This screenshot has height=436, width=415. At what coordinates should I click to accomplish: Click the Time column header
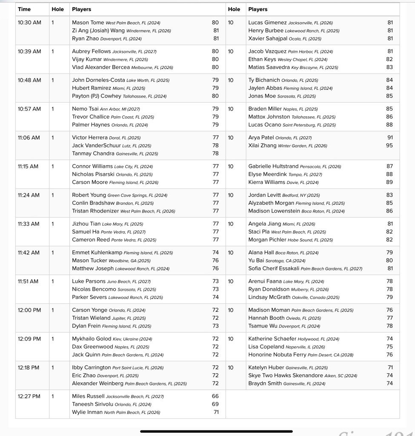pyautogui.click(x=24, y=9)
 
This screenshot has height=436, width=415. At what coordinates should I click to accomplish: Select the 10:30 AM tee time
pyautogui.click(x=29, y=23)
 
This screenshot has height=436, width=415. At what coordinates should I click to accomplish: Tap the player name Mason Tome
pyautogui.click(x=88, y=23)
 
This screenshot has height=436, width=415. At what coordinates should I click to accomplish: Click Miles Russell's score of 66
pyautogui.click(x=215, y=396)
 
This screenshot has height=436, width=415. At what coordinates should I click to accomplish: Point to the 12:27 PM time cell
pyautogui.click(x=29, y=396)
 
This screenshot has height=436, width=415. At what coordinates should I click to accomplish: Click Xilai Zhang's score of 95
pyautogui.click(x=389, y=146)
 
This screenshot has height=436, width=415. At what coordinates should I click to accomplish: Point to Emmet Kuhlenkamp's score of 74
pyautogui.click(x=215, y=252)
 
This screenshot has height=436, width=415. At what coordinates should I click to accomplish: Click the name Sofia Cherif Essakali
pyautogui.click(x=274, y=269)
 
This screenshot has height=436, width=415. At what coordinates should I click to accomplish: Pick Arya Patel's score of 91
pyautogui.click(x=389, y=138)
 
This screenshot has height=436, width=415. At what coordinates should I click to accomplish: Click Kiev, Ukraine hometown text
pyautogui.click(x=125, y=339)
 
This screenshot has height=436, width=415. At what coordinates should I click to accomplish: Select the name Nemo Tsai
pyautogui.click(x=85, y=109)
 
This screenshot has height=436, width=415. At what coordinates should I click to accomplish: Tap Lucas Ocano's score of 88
pyautogui.click(x=389, y=125)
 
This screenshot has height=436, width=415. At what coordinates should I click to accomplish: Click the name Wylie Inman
pyautogui.click(x=87, y=412)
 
